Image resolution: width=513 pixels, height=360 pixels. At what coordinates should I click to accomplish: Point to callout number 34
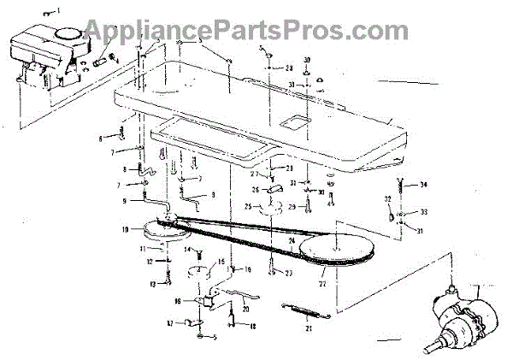point(425,185)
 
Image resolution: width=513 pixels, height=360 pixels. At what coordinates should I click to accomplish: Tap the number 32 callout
point(386,198)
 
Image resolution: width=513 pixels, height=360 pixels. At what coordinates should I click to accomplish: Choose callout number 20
point(245,308)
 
